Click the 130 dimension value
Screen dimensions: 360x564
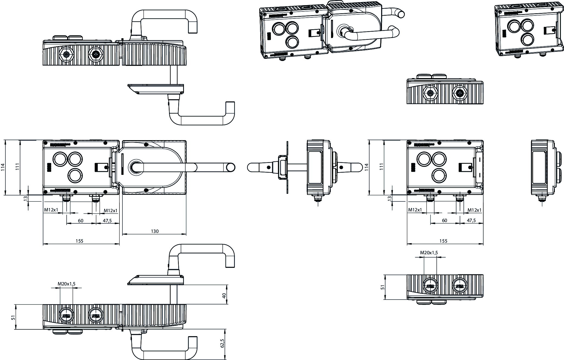[x=155, y=231]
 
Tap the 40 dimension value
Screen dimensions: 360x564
[x=224, y=295]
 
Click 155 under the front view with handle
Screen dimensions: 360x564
[x=79, y=241]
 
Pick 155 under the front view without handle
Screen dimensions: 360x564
[x=443, y=241]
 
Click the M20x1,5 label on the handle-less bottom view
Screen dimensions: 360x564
[x=429, y=253]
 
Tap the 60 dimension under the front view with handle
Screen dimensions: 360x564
[x=81, y=221]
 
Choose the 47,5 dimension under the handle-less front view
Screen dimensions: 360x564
[x=471, y=220]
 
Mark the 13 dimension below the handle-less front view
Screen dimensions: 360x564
[x=390, y=198]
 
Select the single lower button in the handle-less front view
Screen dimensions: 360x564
[x=439, y=175]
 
